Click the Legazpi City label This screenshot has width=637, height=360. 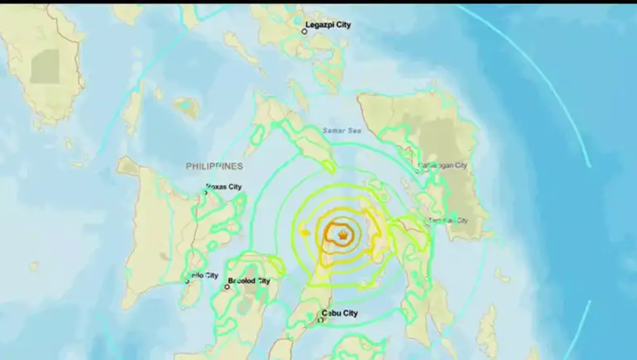[328, 25]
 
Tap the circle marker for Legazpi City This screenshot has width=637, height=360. [304, 31]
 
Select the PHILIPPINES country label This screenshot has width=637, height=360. [214, 166]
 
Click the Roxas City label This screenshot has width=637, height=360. [224, 188]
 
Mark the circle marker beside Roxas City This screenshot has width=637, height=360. [205, 194]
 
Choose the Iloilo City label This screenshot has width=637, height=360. [205, 276]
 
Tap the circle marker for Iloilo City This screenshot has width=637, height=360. [187, 281]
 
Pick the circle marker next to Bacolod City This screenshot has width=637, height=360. [227, 287]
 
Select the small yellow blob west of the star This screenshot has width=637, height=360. [306, 233]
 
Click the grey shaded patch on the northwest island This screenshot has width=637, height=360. [45, 66]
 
